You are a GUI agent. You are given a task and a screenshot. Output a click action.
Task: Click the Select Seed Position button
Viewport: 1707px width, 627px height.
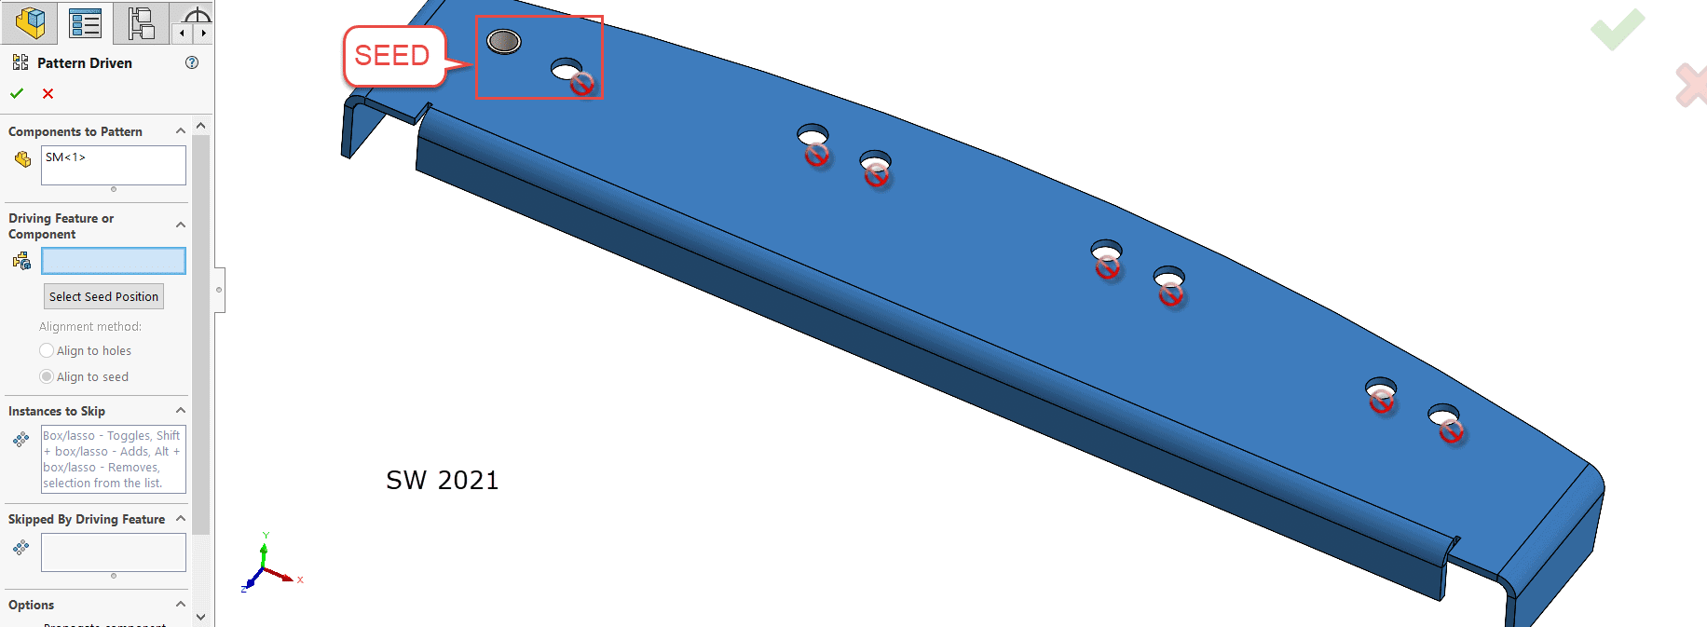tap(103, 296)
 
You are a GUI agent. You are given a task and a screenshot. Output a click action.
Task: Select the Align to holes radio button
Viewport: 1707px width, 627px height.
tap(47, 350)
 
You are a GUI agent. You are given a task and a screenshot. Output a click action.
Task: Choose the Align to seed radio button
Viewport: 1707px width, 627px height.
tap(47, 376)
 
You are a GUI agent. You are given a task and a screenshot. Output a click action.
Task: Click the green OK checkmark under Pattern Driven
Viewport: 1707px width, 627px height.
tap(17, 93)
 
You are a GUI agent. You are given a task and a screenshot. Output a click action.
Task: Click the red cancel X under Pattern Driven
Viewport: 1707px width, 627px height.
tap(48, 93)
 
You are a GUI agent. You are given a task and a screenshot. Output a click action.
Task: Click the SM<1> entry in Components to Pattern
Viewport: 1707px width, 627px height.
tap(65, 157)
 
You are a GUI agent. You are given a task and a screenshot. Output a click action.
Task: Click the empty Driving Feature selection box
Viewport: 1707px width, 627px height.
tap(113, 261)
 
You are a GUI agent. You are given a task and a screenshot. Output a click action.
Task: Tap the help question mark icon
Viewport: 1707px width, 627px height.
tap(192, 62)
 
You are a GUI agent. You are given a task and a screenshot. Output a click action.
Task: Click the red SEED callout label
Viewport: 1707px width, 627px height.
tap(392, 56)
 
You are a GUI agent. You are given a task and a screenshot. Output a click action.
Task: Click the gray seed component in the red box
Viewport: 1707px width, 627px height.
tap(504, 41)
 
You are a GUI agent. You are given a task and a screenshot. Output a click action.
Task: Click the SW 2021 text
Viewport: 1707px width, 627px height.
tap(443, 480)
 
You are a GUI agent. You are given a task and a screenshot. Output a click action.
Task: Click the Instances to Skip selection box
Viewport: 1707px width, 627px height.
tap(113, 459)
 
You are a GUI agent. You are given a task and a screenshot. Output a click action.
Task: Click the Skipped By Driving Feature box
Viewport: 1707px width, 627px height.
tap(113, 552)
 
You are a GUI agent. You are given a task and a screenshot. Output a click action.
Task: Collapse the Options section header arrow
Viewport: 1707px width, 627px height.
tap(181, 605)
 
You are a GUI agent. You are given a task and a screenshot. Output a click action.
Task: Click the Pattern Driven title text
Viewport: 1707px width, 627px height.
tap(84, 62)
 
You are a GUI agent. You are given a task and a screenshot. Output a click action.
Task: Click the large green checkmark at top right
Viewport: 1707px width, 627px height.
tap(1618, 30)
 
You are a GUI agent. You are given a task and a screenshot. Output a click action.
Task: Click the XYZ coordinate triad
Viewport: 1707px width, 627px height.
tap(266, 566)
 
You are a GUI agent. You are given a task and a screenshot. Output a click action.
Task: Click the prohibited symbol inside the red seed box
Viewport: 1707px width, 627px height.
tap(582, 84)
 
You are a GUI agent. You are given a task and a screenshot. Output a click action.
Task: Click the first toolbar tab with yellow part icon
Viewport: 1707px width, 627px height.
tap(30, 22)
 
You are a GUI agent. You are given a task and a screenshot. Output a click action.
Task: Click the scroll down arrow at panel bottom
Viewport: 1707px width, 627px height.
tap(200, 617)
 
